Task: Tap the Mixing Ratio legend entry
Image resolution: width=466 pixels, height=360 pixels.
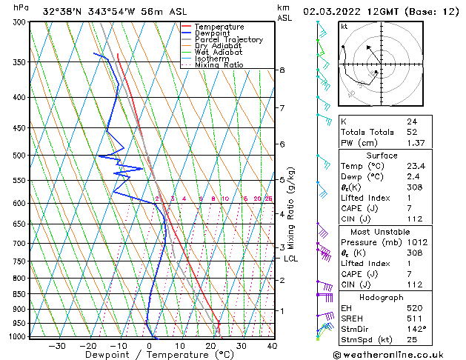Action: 219,64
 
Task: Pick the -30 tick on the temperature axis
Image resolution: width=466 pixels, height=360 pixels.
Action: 56,346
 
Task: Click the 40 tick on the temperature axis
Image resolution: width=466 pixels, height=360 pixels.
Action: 272,346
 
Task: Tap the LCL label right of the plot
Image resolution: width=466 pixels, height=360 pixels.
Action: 291,259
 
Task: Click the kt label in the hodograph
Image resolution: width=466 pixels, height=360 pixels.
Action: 344,27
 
